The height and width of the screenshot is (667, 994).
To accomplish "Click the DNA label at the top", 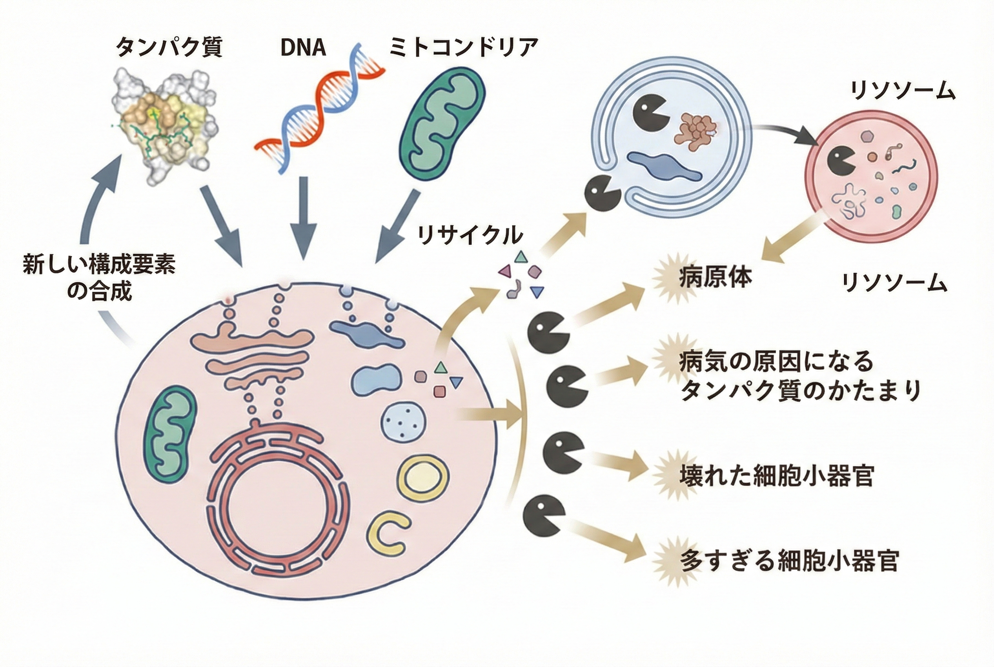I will point(303,48).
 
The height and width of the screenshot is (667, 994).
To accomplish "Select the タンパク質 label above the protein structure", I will point(169,48).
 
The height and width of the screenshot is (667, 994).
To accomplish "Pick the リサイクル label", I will point(470,235).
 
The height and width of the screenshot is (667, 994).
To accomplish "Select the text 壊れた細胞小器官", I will point(777,476).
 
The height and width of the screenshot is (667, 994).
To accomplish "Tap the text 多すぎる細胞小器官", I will point(789,562).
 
